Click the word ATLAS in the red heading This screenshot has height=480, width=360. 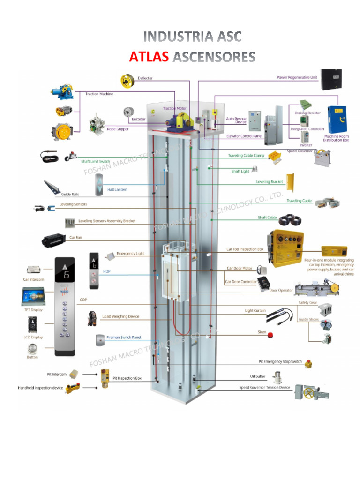click(149, 57)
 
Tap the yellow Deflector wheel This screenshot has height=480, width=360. click(127, 81)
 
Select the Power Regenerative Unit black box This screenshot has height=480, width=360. click(331, 80)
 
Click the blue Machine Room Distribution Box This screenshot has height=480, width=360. click(337, 120)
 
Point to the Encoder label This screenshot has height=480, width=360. click(138, 119)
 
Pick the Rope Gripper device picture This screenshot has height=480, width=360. click(97, 123)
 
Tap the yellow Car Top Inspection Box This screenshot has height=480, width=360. click(285, 248)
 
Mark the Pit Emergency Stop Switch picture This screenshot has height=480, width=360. click(308, 363)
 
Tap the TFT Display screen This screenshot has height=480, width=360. click(32, 296)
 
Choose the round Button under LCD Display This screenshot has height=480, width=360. click(32, 349)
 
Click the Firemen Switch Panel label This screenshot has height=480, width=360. click(124, 337)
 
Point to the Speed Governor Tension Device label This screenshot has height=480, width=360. click(264, 388)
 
